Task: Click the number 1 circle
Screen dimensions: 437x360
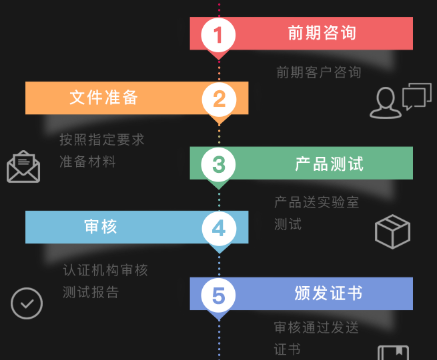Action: pos(218,35)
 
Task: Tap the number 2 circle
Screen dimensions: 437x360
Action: pos(219,99)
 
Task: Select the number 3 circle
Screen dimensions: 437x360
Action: pos(218,164)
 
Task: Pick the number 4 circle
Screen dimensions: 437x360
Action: pos(219,229)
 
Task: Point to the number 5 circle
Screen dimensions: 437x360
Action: pos(218,295)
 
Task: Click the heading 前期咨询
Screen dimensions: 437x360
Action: pos(322,33)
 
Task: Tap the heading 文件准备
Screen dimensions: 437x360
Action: pos(104,97)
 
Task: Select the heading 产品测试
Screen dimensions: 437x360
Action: pos(329,164)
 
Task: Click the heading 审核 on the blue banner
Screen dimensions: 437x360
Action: pos(100,227)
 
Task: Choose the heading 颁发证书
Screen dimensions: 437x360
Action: pos(328,293)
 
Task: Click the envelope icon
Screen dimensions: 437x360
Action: pos(23,166)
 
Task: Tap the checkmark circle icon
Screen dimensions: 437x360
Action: pos(27,303)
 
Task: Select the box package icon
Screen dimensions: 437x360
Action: pos(393,232)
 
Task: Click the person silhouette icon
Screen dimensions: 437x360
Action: pos(386,103)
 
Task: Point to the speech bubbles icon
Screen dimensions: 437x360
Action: pos(417,96)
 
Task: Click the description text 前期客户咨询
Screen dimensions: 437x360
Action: pos(319,72)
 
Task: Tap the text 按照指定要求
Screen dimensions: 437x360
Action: pos(102,140)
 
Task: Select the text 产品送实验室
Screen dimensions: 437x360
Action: pos(316,202)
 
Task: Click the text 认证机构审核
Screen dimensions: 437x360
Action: pos(105,270)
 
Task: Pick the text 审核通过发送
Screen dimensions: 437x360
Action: pos(316,327)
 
